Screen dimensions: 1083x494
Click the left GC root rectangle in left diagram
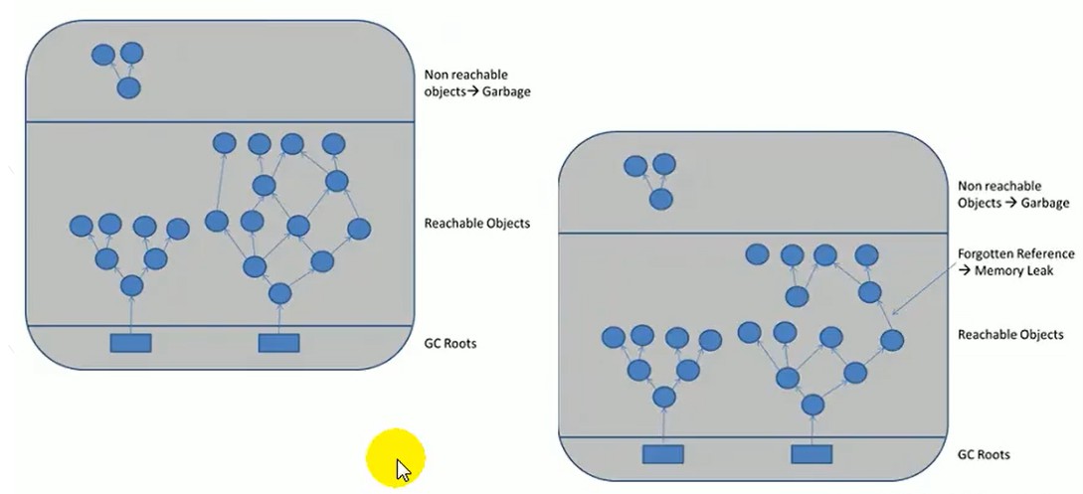(x=130, y=343)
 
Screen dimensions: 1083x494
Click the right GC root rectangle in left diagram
(x=279, y=343)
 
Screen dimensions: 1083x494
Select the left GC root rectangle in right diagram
(x=663, y=454)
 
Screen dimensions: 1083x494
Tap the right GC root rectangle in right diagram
(x=812, y=454)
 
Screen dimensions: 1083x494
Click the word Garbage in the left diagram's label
(x=506, y=91)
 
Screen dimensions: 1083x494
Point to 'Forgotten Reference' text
(x=1016, y=253)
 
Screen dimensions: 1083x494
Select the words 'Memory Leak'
(x=1014, y=270)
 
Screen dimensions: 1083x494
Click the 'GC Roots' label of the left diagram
(x=451, y=343)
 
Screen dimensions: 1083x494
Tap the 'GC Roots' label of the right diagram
(x=984, y=454)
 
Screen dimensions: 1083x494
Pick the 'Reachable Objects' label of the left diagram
(x=477, y=224)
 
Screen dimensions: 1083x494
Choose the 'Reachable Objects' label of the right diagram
(x=1010, y=335)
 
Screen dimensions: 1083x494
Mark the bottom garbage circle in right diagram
(x=661, y=200)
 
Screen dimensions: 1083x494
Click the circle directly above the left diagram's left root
(x=131, y=285)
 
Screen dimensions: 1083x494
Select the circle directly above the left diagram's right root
(x=279, y=293)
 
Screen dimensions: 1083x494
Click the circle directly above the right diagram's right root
(x=812, y=405)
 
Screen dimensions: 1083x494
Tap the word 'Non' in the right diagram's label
(x=969, y=186)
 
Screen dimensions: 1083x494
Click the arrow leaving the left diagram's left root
(x=130, y=315)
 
